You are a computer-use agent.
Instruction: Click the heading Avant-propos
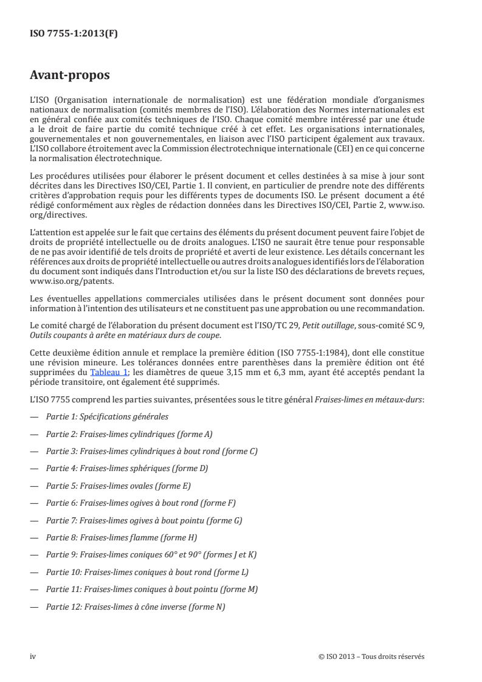point(70,76)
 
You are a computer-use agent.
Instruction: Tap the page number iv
point(33,656)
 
